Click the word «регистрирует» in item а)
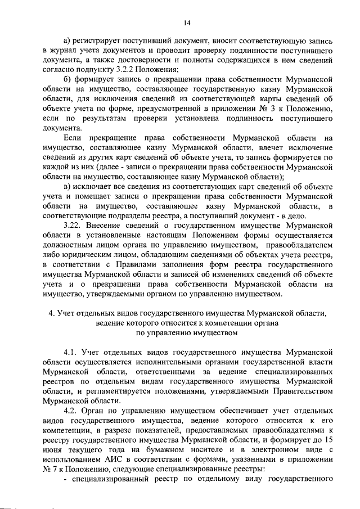100,40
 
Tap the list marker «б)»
68,79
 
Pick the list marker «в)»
68,186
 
